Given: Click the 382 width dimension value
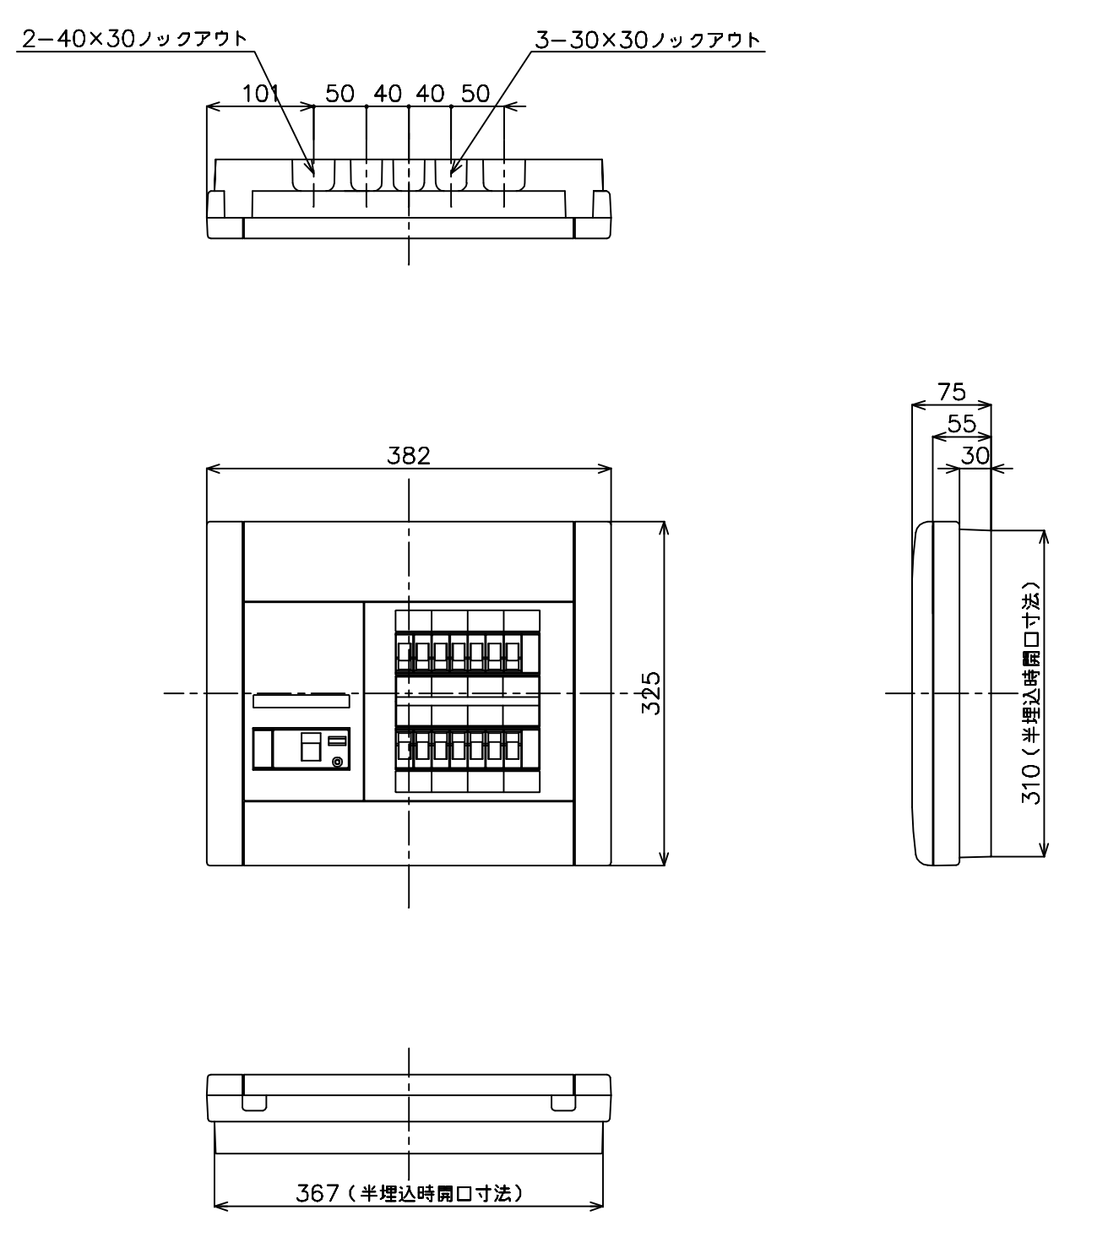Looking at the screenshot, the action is (x=408, y=455).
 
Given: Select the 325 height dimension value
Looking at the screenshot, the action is (x=651, y=693).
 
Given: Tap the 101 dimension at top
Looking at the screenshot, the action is (x=261, y=94).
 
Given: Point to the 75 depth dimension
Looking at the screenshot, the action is (x=952, y=391).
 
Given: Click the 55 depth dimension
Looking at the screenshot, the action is (x=961, y=423).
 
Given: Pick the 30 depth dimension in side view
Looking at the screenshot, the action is (x=975, y=455).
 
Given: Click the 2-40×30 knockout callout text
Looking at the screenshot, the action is (x=134, y=39).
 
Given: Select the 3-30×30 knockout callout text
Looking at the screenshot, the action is (x=649, y=40).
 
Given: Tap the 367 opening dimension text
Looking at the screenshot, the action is (x=410, y=1193).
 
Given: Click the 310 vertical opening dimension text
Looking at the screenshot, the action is (x=1031, y=693).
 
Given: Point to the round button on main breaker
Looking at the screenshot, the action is (x=337, y=762).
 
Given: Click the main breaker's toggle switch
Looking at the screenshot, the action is (x=311, y=746).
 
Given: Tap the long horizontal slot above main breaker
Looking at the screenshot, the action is (x=301, y=700).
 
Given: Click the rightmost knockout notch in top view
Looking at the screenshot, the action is (x=504, y=176).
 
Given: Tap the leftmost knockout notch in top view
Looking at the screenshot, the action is (x=313, y=176).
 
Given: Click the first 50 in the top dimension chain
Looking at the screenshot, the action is (x=339, y=94).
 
